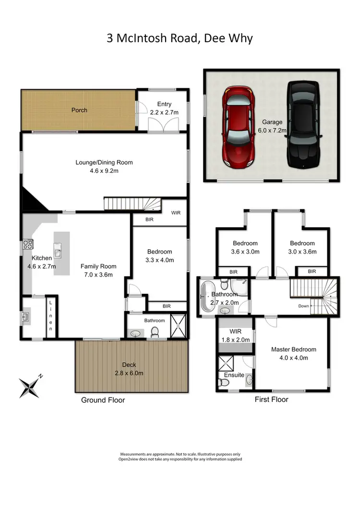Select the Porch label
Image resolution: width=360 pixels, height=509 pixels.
[x=79, y=110]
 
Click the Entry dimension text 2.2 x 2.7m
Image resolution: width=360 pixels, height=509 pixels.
[x=164, y=112]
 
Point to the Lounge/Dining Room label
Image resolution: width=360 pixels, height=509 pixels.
[x=104, y=162]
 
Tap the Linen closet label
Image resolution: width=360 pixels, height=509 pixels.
[x=50, y=315]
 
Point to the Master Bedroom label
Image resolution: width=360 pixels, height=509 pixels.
[x=293, y=350]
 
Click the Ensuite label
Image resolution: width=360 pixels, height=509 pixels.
[x=234, y=375]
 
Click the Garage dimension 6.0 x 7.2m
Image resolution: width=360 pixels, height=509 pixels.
[x=272, y=130]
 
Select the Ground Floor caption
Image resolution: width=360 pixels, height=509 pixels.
[x=103, y=400]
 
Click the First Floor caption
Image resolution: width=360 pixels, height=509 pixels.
[x=271, y=399]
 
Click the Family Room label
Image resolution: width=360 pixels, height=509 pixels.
[x=98, y=266]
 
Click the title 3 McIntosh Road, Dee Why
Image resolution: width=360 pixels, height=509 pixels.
[x=180, y=38]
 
